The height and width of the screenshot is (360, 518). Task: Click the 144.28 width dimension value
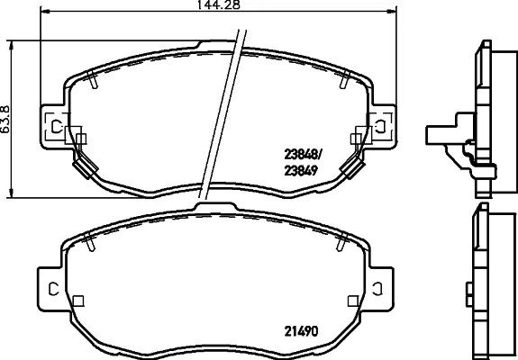click(x=218, y=4)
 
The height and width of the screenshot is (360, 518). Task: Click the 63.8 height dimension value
click(x=5, y=120)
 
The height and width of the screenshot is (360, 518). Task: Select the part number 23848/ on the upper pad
click(x=303, y=154)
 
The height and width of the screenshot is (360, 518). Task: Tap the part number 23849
click(x=301, y=170)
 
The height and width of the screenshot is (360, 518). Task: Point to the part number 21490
click(x=301, y=331)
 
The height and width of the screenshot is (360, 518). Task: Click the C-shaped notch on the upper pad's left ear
click(x=56, y=126)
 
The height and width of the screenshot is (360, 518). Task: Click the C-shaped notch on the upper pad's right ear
click(x=380, y=126)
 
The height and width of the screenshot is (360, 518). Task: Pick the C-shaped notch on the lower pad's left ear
click(x=53, y=289)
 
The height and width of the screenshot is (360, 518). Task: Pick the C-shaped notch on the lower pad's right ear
click(x=378, y=289)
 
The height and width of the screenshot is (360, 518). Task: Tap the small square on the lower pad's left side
click(x=78, y=301)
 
